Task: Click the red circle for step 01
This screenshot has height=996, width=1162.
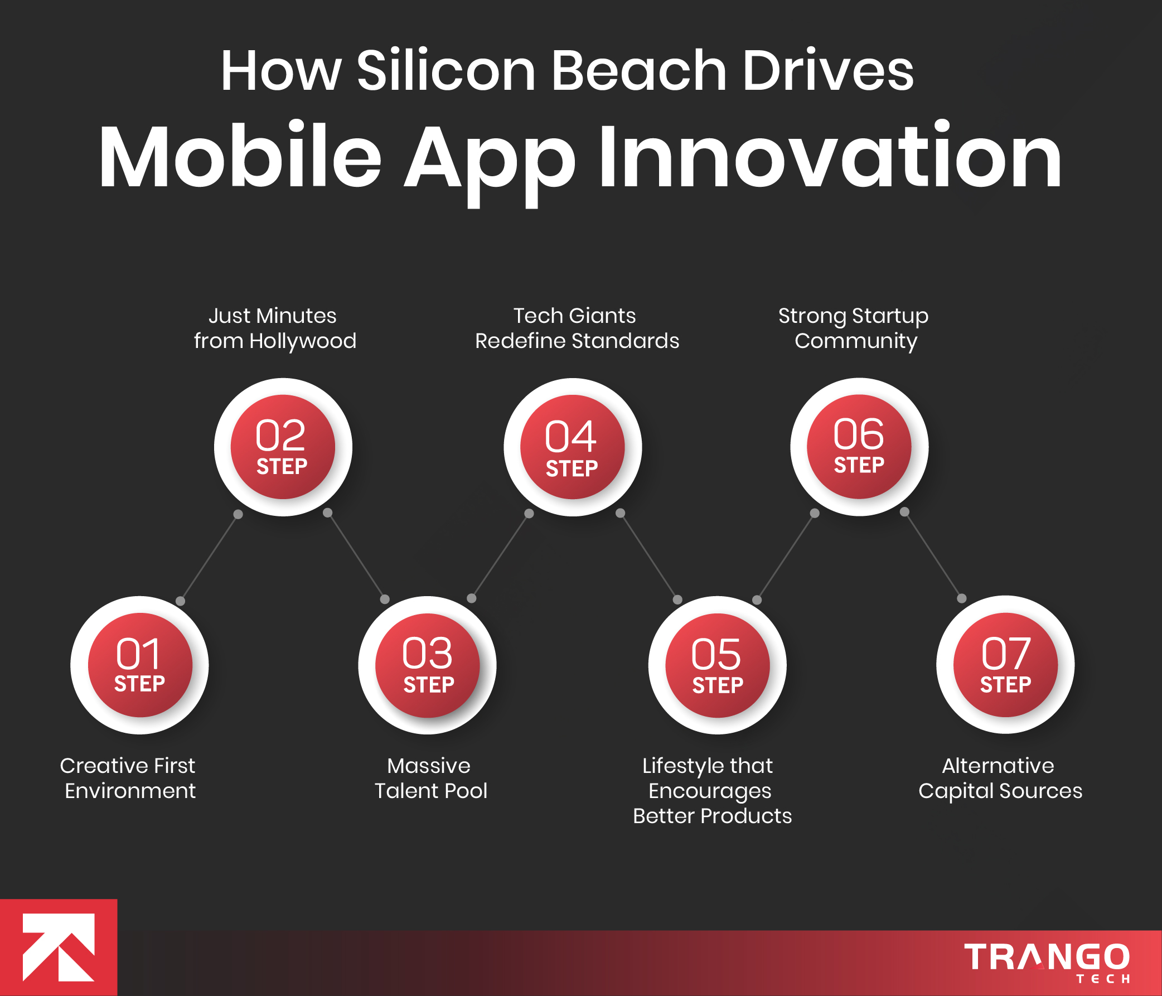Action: click(139, 665)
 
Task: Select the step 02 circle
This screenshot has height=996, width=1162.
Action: click(283, 447)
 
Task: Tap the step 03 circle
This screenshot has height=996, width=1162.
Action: click(427, 665)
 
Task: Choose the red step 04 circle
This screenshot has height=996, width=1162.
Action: click(572, 447)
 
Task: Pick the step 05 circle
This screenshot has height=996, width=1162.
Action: click(717, 665)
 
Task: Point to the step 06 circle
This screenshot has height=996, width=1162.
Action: click(859, 446)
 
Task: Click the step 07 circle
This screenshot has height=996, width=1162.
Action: click(1005, 665)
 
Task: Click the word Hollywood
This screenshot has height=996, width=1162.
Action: click(302, 341)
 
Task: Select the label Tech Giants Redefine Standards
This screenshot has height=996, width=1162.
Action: click(577, 328)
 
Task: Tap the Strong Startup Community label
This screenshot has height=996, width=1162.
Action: click(854, 328)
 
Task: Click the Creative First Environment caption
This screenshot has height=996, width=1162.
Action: click(128, 778)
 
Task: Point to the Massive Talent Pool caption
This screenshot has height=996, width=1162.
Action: click(429, 778)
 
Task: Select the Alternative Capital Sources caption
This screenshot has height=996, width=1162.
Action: click(999, 778)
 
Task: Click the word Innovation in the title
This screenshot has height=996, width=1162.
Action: click(830, 157)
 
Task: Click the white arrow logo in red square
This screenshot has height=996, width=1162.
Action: click(59, 947)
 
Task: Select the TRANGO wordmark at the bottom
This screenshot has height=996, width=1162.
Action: click(1047, 958)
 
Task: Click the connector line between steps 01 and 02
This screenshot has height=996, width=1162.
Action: click(209, 558)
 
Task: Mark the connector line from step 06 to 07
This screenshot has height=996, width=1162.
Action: click(933, 555)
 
